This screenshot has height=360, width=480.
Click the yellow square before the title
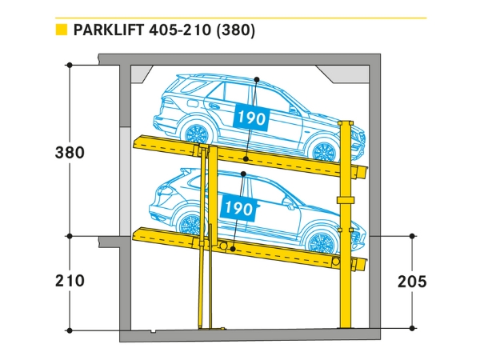[x=59, y=31]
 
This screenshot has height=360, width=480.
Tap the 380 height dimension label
[x=70, y=152]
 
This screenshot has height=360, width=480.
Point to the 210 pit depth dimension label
[x=70, y=281]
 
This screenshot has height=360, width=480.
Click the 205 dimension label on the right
[x=411, y=281]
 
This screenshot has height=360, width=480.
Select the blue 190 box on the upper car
[x=250, y=117]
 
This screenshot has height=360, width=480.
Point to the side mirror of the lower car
[x=288, y=203]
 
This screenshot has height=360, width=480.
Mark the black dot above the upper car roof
[x=256, y=79]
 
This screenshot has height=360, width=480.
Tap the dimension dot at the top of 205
[x=412, y=236]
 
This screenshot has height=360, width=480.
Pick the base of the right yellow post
[x=346, y=324]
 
